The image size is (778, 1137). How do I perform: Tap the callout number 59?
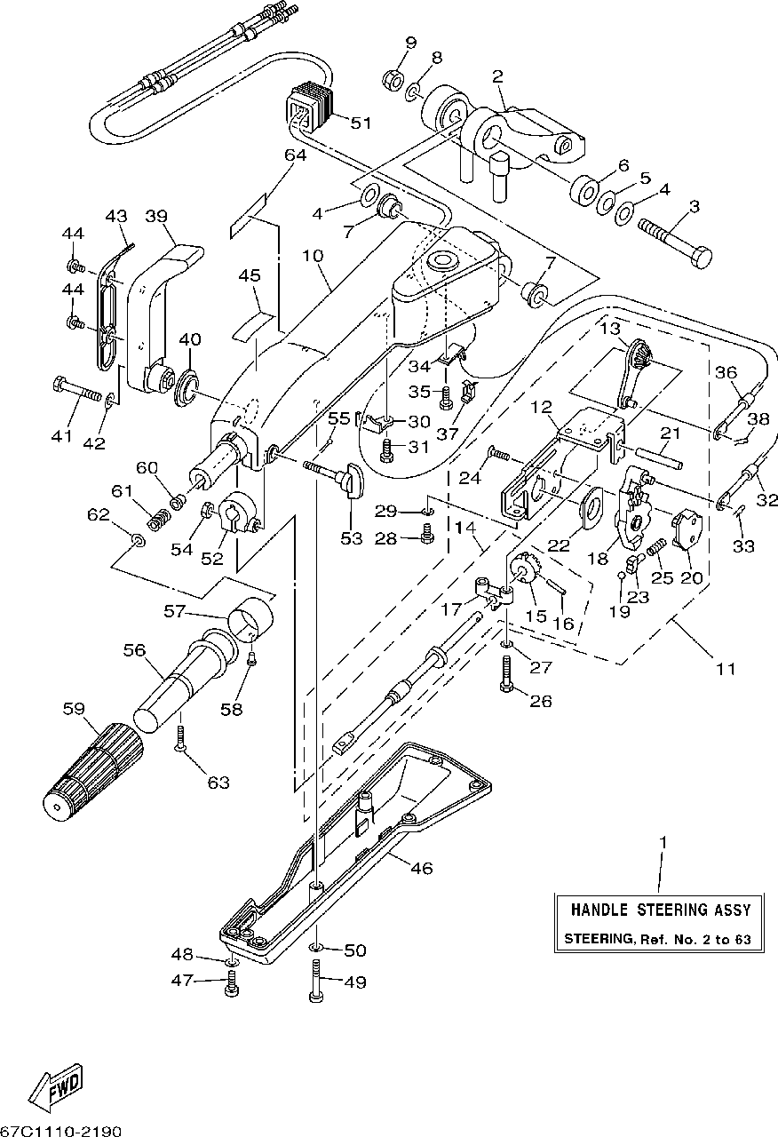74,708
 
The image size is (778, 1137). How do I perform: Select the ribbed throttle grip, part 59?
92,771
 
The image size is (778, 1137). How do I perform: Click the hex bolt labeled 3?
674,241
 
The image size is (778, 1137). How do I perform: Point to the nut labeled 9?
393,77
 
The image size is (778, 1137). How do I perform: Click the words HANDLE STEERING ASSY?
660,910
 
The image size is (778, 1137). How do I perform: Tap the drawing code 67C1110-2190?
61,1132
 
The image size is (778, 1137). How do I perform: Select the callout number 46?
422,868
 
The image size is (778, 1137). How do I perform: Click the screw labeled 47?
232,983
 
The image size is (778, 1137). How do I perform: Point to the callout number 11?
726,669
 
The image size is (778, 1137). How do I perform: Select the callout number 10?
313,255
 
